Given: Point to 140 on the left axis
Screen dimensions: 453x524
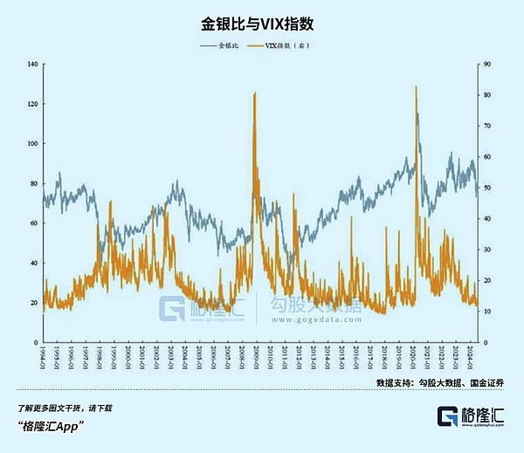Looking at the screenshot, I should click(x=33, y=64).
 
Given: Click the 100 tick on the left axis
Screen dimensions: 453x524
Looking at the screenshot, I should click(x=33, y=143).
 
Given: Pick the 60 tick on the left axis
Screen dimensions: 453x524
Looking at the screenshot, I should click(x=35, y=223).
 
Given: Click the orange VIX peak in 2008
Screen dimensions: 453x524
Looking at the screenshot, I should click(x=254, y=93).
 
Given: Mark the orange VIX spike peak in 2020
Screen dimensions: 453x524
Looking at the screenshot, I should click(x=416, y=87).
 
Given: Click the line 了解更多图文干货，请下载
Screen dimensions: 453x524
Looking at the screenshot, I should click(x=65, y=408).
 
